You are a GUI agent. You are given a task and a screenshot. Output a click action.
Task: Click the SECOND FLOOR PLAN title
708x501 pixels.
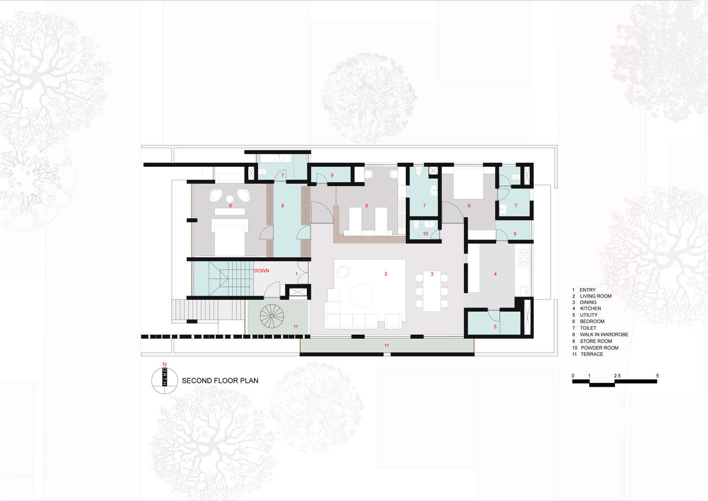pos(220,381)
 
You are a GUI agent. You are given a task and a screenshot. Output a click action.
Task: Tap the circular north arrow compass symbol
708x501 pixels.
pos(165,381)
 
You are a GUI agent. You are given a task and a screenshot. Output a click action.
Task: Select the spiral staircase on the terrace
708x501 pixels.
pos(272,317)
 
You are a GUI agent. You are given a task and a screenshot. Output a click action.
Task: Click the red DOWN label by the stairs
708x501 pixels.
pos(261,271)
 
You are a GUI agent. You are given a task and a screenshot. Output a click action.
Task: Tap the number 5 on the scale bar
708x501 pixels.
pos(657,376)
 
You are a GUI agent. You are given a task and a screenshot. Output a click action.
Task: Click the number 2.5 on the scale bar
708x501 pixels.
pos(617,376)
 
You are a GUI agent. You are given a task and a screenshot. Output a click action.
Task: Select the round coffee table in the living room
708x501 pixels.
pos(361,296)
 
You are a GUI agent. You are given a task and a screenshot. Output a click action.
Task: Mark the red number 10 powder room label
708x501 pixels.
pos(426,234)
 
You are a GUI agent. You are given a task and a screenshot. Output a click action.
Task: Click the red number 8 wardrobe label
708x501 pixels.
pos(282,206)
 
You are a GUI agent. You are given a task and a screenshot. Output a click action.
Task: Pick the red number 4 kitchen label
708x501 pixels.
pos(495,274)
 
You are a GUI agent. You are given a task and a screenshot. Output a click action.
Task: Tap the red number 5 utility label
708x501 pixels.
pos(495,327)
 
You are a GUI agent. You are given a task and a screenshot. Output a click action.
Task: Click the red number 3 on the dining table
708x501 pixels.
pos(432,274)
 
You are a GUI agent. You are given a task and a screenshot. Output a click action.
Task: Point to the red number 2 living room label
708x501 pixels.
pos(386,274)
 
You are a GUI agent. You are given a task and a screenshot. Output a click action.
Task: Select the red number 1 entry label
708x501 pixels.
pos(296,274)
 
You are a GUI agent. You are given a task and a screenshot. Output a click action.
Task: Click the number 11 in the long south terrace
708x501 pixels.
pos(387,346)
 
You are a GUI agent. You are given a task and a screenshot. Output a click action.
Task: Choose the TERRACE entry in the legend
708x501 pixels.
pos(591,354)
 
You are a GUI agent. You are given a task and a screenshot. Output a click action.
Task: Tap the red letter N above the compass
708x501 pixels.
pos(164,365)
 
